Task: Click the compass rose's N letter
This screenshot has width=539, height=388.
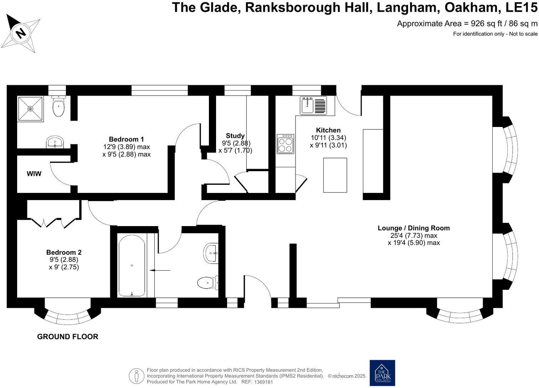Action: click(21, 34)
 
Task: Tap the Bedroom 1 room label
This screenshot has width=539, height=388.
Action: click(126, 139)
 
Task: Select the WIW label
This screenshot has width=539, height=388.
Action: click(34, 174)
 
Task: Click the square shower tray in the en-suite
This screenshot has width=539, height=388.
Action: click(30, 108)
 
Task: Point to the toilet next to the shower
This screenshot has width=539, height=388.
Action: click(58, 106)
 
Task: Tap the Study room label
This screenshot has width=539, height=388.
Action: click(235, 136)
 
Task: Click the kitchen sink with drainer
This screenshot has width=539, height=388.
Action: click(313, 106)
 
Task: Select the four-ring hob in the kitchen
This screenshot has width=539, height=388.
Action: click(285, 144)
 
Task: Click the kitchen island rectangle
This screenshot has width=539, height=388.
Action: click(335, 175)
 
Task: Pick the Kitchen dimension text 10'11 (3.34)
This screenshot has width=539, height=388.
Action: click(328, 138)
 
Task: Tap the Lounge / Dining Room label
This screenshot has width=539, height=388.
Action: click(414, 228)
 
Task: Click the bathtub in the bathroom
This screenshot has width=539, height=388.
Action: click(132, 265)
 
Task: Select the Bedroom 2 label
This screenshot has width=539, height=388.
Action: click(64, 252)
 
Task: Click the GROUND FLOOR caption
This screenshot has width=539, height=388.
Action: click(67, 337)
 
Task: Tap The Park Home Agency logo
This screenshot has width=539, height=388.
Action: click(382, 373)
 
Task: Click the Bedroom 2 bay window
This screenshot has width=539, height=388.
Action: click(67, 316)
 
